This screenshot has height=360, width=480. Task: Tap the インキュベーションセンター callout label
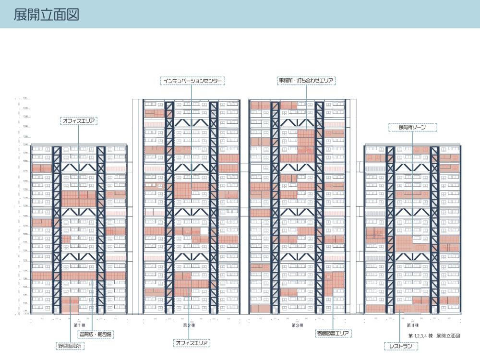pyautogui.click(x=192, y=81)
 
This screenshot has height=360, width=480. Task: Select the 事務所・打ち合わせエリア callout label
pyautogui.click(x=306, y=81)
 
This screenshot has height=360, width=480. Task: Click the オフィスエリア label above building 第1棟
pyautogui.click(x=79, y=121)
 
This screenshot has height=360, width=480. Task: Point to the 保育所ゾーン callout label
pyautogui.click(x=412, y=128)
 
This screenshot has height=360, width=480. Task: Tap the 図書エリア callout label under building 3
pyautogui.click(x=334, y=333)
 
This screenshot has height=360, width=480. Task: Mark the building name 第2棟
pyautogui.click(x=189, y=325)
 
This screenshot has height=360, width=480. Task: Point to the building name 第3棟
pyautogui.click(x=297, y=325)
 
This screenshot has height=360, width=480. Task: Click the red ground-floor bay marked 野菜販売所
pyautogui.click(x=70, y=304)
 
